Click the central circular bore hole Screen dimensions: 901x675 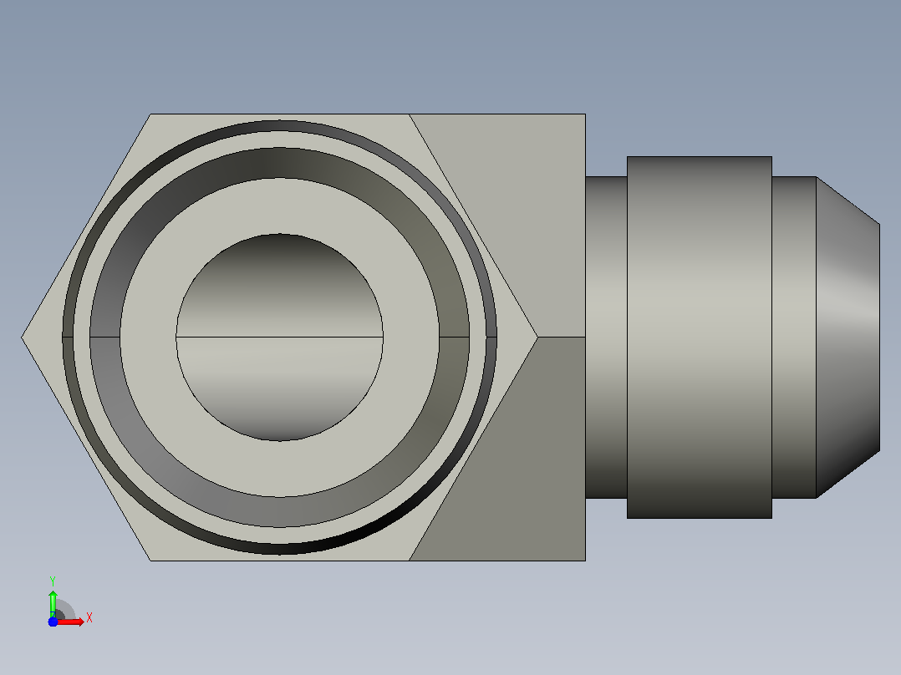coord(279,337)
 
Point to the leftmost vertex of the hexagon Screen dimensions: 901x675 coord(22,337)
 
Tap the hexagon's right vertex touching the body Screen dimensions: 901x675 coord(538,337)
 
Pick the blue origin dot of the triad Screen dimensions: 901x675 coord(53,622)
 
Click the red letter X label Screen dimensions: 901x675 coord(89,618)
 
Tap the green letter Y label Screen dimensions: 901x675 coord(53,581)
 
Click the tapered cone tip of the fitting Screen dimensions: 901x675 coord(848,337)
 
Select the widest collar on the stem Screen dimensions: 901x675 coord(700,337)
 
